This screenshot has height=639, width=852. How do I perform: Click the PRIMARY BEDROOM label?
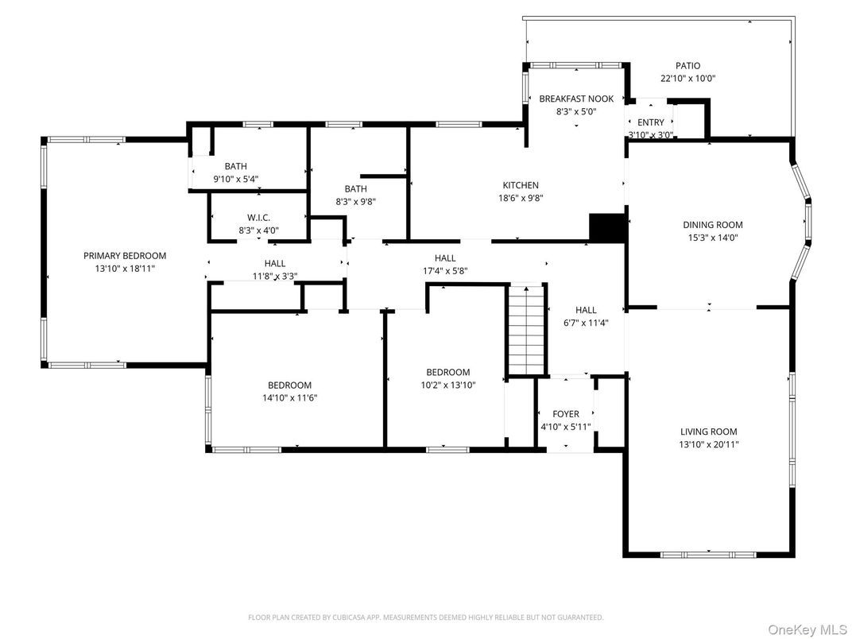coord(125,255)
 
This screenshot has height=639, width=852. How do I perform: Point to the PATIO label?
coord(687,66)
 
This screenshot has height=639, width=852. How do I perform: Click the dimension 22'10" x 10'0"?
coord(687,79)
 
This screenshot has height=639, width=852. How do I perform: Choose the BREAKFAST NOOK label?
coord(576,99)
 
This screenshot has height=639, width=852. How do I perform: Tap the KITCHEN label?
coord(521,185)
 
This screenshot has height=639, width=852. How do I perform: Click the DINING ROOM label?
coord(713,224)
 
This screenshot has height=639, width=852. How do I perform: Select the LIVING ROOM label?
coord(709,432)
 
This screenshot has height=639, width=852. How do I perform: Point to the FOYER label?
coord(566,414)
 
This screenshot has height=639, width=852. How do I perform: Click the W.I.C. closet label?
coord(259,218)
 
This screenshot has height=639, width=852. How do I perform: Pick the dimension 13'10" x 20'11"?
coord(709,444)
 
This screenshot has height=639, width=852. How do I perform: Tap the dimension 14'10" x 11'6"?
coord(289,397)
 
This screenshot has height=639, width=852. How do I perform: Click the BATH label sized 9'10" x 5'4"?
coord(235,166)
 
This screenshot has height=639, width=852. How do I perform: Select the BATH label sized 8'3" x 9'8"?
coord(355,188)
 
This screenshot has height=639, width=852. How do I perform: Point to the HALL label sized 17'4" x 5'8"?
coord(445,258)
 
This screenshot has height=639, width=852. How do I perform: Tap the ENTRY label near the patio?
coord(650,122)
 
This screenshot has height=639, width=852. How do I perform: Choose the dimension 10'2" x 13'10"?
coord(447,385)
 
